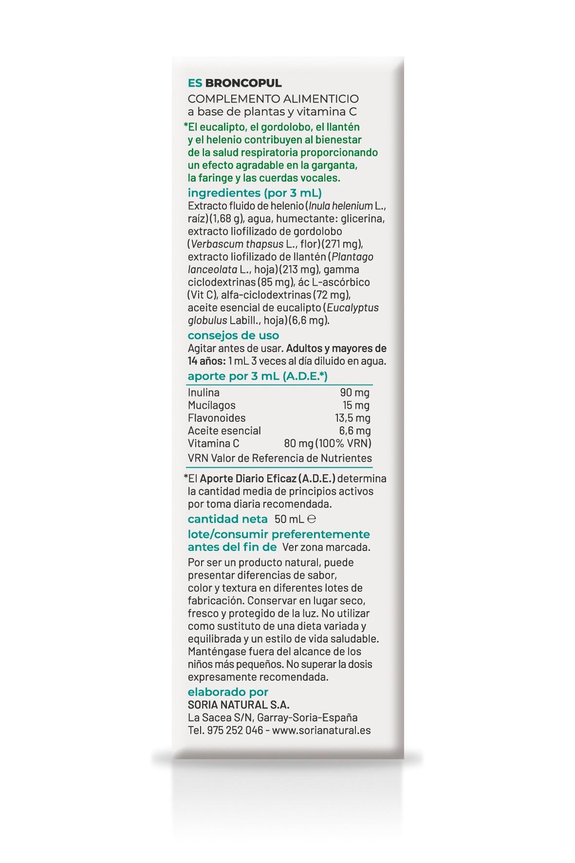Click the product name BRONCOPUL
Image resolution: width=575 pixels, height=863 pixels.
click(x=243, y=83)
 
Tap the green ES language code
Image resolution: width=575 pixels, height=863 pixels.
click(x=195, y=83)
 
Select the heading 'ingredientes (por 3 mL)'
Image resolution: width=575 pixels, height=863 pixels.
click(x=255, y=192)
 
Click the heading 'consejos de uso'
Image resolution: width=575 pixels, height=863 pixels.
click(x=233, y=335)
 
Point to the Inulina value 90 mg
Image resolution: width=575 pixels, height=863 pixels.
click(x=354, y=393)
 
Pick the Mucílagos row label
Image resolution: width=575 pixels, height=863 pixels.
click(x=211, y=405)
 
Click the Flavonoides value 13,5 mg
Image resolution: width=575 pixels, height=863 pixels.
click(x=352, y=418)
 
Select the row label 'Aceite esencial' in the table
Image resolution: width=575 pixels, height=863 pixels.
click(x=224, y=431)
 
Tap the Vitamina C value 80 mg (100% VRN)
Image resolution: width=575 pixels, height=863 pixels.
click(x=327, y=443)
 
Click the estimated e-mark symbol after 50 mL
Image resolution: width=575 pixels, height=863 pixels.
click(x=313, y=519)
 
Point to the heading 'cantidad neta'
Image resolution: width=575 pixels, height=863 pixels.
click(x=227, y=519)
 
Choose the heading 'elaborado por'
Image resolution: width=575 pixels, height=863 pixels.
click(x=228, y=692)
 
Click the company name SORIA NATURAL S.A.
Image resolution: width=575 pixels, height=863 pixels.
click(x=239, y=705)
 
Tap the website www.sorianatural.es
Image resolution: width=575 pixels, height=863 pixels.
click(x=321, y=730)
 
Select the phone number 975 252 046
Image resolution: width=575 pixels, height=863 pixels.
click(x=235, y=730)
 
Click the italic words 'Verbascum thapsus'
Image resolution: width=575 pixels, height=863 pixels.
click(x=230, y=244)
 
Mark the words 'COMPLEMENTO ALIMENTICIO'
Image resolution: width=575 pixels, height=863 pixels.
click(x=273, y=99)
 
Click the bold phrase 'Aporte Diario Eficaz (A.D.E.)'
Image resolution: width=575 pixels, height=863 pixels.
click(x=268, y=478)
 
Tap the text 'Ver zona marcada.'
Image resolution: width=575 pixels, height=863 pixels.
click(x=326, y=547)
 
